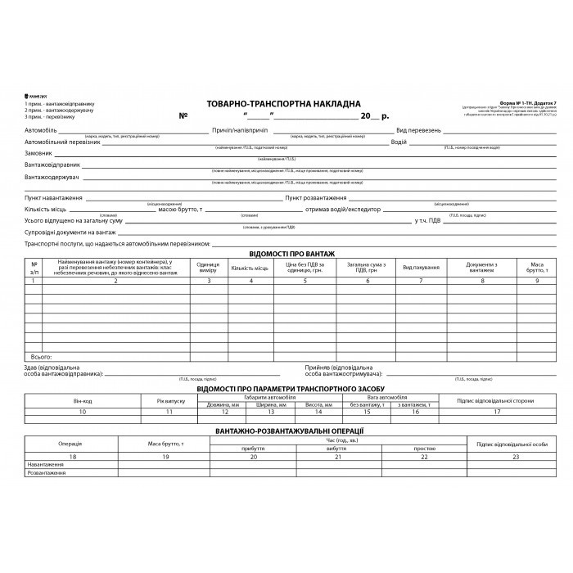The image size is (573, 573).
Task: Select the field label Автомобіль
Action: pyautogui.click(x=40, y=131)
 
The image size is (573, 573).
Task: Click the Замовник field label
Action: pyautogui.click(x=38, y=153)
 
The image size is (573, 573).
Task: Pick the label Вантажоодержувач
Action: pyautogui.click(x=51, y=177)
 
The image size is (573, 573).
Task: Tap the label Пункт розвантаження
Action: pyautogui.click(x=316, y=198)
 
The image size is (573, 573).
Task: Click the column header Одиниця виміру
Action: pyautogui.click(x=209, y=268)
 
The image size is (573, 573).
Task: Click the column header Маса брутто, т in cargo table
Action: pyautogui.click(x=537, y=268)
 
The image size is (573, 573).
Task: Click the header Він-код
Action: pyautogui.click(x=83, y=400)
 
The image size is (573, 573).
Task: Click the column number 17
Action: pyautogui.click(x=496, y=413)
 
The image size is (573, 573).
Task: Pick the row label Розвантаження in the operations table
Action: pyautogui.click(x=46, y=472)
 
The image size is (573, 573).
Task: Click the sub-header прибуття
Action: pyautogui.click(x=252, y=449)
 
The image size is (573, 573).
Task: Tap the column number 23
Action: pyautogui.click(x=516, y=456)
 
